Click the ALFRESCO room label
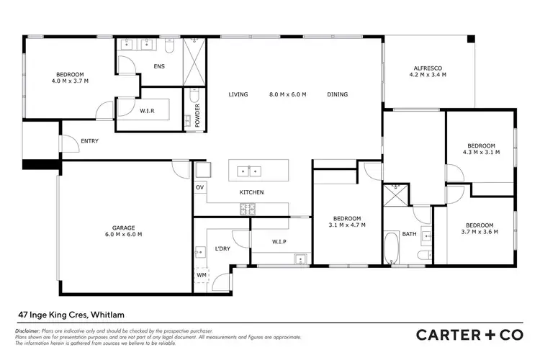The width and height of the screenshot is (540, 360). tap(426, 68)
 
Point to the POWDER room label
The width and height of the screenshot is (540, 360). tap(198, 113)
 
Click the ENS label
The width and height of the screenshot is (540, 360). tap(159, 67)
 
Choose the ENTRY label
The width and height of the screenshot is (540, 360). tap(90, 141)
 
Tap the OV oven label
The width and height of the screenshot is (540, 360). tap(199, 188)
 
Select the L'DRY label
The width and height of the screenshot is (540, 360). tap(222, 249)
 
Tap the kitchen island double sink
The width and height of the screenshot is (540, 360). tap(249, 171)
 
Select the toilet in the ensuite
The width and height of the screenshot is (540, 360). tap(170, 45)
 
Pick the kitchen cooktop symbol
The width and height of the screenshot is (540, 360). tap(248, 210)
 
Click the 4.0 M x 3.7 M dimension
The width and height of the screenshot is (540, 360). tap(71, 81)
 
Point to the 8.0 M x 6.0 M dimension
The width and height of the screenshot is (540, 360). tap(288, 94)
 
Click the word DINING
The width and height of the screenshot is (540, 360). tap(337, 94)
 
